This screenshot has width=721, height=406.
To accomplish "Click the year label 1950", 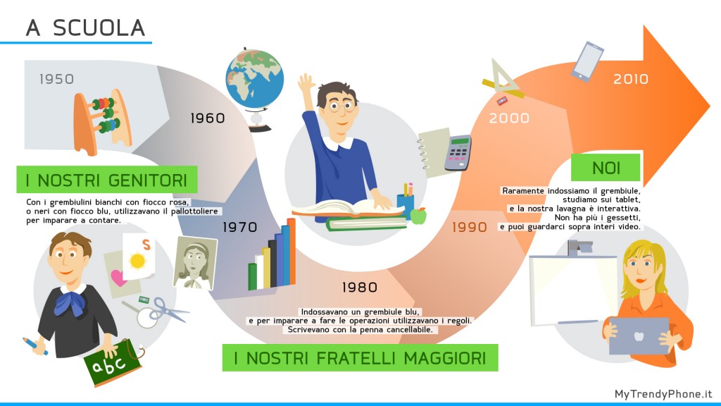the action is click(56, 79).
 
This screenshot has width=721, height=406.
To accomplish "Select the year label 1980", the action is click(360, 288).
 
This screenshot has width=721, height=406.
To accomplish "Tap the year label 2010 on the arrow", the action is click(630, 79).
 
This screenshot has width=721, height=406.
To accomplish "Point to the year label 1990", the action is click(469, 227).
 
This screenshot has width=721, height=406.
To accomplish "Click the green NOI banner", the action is click(605, 167).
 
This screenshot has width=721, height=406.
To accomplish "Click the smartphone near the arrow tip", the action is click(587, 62).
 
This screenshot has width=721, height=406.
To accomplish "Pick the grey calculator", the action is click(458, 153).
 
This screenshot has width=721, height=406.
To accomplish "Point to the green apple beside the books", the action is click(418, 216).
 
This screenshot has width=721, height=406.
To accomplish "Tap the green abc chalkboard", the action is click(113, 363).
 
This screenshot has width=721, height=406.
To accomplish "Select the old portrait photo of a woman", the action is click(195, 264).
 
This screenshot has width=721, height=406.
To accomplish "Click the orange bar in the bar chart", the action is click(291, 252).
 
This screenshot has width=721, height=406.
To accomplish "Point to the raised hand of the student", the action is click(306, 84).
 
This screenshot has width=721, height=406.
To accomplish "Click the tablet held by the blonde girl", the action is click(638, 336).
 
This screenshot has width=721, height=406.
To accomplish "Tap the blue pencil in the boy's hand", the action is click(35, 346).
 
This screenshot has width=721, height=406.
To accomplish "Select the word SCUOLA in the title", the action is click(99, 28).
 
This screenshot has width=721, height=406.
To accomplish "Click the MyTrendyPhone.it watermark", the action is click(663, 394).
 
